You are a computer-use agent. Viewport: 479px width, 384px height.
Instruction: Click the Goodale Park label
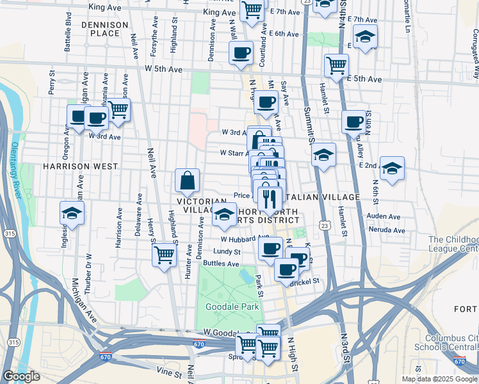(x=232, y=307)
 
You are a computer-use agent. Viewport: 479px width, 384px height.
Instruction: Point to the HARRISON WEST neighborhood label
(x=80, y=166)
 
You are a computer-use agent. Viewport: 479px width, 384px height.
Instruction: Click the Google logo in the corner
(x=21, y=376)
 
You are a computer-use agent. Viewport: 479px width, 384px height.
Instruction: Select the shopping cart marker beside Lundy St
(x=165, y=255)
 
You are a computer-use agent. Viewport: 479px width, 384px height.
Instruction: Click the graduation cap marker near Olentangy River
(x=72, y=214)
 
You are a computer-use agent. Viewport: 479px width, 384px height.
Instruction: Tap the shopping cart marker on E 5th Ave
(x=336, y=65)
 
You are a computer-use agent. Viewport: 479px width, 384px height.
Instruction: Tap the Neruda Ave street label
(x=386, y=230)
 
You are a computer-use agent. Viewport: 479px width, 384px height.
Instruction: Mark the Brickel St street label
(x=305, y=281)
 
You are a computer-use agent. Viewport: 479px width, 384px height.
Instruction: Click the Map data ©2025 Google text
(x=439, y=379)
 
